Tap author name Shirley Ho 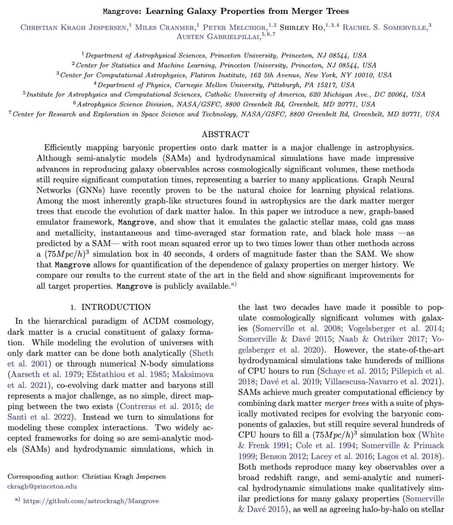point(301,28)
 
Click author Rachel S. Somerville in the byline point(385,28)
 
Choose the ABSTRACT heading point(225,134)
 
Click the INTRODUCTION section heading point(116,307)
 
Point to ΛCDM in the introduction point(157,321)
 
